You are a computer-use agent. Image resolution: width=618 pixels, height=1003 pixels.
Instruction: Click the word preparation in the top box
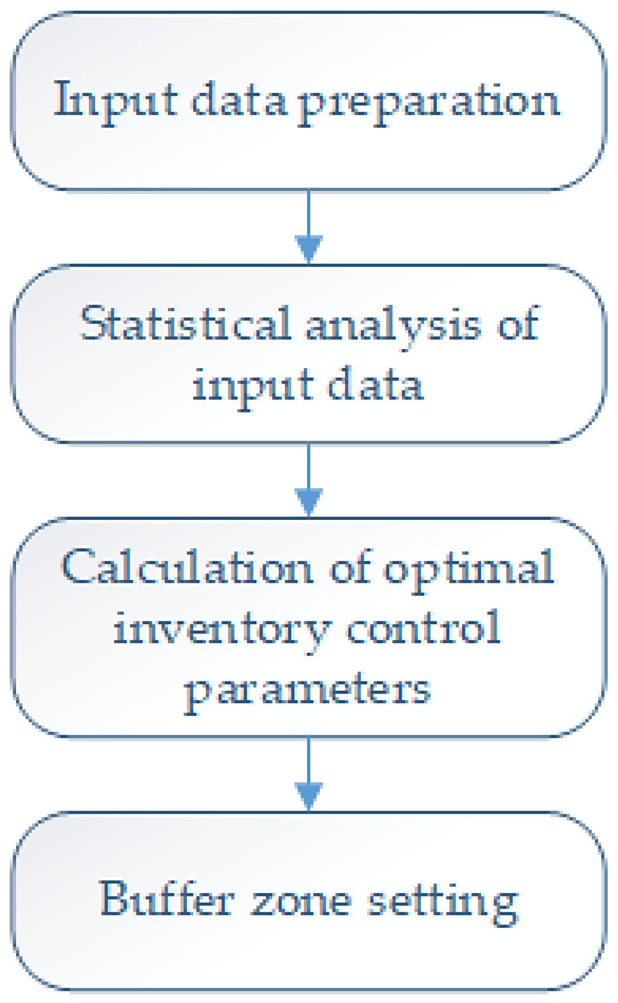pos(429,102)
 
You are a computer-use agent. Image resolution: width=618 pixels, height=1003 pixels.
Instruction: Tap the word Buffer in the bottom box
pos(167,899)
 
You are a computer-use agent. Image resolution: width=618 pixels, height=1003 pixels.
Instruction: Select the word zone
pos(302,902)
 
